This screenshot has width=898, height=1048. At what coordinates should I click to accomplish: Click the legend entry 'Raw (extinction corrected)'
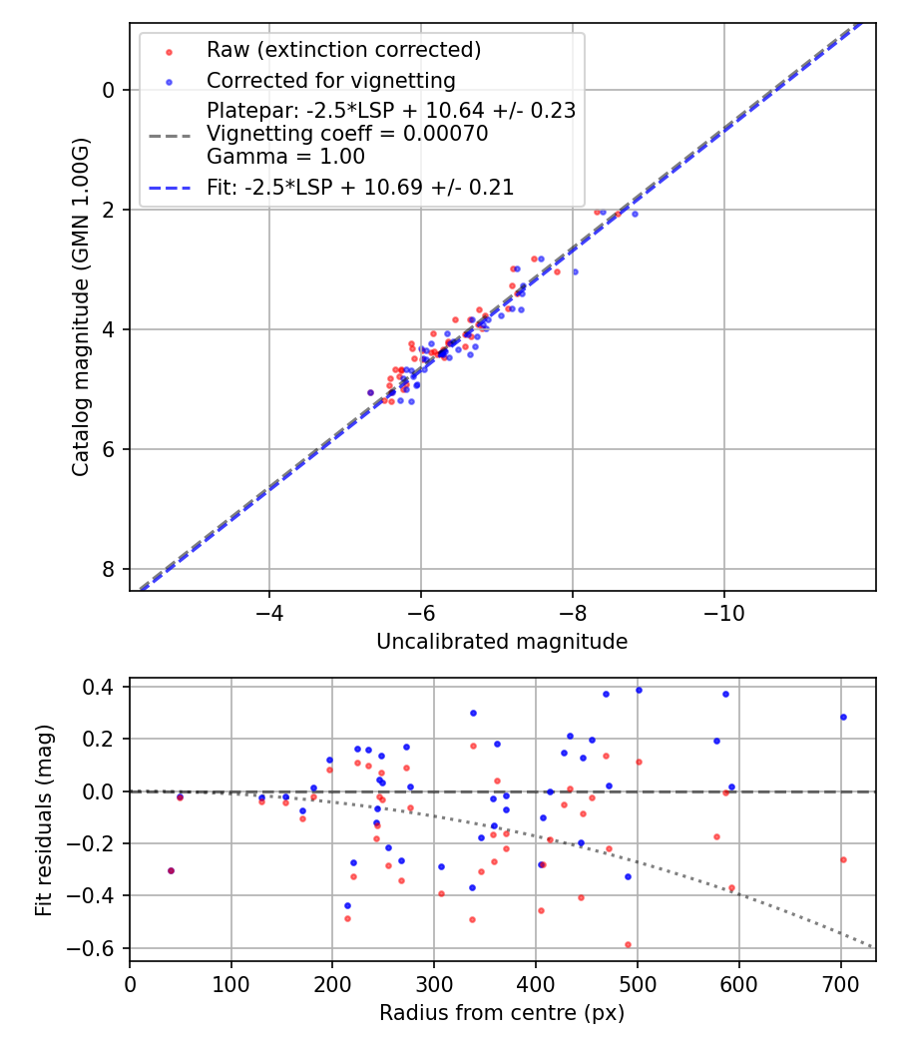[343, 50]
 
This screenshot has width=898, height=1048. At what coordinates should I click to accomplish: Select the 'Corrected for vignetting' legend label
[330, 81]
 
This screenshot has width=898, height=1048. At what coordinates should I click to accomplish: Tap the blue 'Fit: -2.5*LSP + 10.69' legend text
[360, 188]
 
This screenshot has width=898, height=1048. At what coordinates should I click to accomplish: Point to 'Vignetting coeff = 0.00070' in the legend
[347, 134]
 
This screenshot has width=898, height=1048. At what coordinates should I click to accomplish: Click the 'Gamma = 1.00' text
[285, 157]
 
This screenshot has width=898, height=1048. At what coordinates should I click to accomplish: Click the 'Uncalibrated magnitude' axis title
[502, 642]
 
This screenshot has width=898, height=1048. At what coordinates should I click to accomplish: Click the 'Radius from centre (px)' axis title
[502, 1012]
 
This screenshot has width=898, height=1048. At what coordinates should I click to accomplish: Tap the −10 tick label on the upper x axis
[723, 611]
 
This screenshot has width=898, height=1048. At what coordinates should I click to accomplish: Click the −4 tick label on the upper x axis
[268, 611]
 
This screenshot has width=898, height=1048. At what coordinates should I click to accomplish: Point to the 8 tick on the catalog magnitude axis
[110, 569]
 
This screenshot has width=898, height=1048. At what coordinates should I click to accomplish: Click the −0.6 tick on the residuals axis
[97, 948]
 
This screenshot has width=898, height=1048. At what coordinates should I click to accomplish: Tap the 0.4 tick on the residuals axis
[102, 687]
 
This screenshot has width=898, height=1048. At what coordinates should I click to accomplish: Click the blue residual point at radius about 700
[843, 717]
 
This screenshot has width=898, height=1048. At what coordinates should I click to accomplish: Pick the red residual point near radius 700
[843, 859]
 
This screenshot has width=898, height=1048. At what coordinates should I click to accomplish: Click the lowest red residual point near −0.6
[628, 944]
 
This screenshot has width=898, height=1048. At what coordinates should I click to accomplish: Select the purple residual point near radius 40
[171, 870]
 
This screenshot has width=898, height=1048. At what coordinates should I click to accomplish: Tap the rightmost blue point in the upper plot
[635, 214]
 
